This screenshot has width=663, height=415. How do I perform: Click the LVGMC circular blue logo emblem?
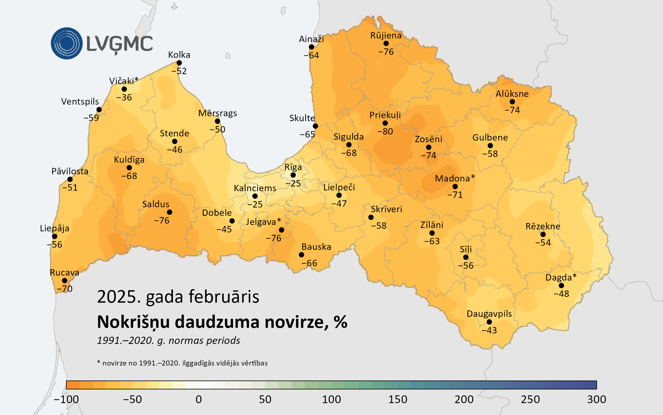67,43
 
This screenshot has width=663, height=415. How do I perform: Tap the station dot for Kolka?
179,63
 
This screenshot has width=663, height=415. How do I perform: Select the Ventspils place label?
80,102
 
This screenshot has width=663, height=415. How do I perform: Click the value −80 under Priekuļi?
385,131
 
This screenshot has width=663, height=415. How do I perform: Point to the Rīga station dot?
293,175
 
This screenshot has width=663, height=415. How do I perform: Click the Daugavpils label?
489,314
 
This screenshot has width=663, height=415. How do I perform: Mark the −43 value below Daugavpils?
489,330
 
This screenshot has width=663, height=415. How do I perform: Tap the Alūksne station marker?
512,102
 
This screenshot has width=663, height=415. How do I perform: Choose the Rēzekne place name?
543,226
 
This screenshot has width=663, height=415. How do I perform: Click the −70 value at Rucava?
64,289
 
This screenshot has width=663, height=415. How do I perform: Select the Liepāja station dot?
55,236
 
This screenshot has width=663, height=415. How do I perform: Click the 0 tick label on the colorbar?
199,400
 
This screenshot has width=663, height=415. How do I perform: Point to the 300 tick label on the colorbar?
596,400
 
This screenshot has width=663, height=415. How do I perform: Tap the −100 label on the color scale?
66,400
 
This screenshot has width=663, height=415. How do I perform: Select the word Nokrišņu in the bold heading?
133,322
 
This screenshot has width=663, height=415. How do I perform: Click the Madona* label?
455,178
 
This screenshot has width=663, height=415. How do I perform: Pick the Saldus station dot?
170,212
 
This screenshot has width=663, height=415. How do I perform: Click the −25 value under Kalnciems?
255,204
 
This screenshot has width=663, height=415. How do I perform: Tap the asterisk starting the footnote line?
99,362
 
